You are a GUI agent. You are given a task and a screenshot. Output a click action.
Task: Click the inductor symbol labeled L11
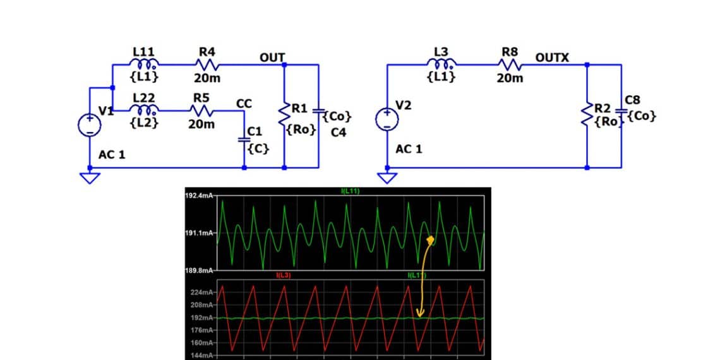click(x=145, y=64)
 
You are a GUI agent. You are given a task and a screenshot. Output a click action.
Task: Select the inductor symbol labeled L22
click(x=145, y=111)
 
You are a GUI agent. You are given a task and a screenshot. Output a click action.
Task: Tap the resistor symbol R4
click(x=207, y=64)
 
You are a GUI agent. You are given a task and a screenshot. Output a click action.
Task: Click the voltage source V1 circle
click(x=88, y=124)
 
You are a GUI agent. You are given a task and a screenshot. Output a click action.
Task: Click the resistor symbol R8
click(x=510, y=64)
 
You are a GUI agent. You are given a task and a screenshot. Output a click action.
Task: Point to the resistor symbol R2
click(x=588, y=114)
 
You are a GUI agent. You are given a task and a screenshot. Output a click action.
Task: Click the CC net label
click(x=244, y=102)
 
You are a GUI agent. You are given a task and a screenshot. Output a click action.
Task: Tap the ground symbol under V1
click(x=90, y=177)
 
